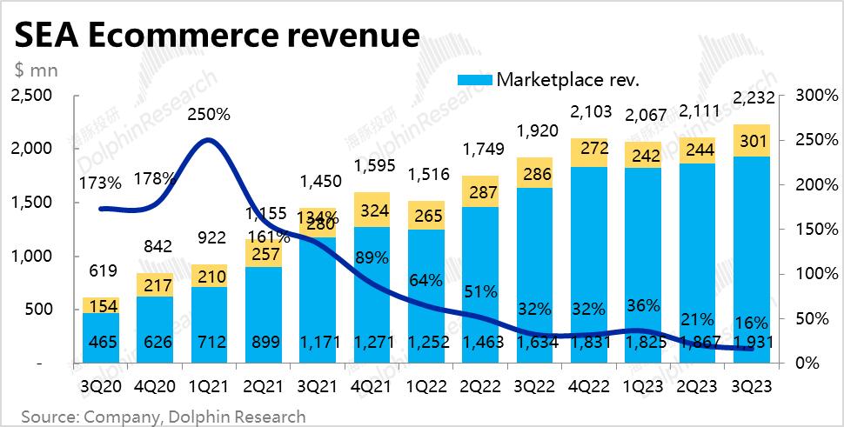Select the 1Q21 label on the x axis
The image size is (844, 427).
pos(208,385)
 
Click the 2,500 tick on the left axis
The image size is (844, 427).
pos(32,95)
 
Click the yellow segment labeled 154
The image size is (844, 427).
pos(101,305)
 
